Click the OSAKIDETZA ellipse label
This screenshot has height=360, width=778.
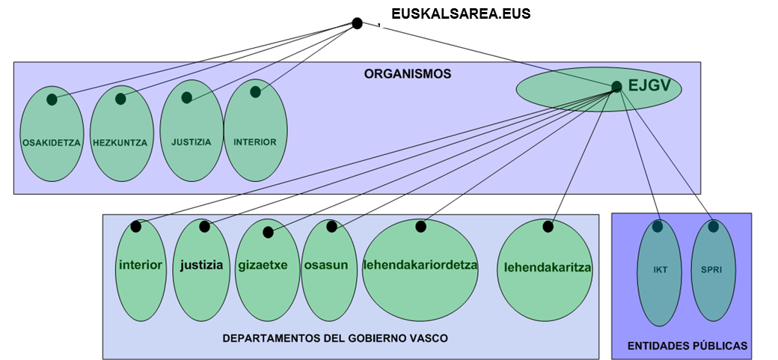(x=51, y=142)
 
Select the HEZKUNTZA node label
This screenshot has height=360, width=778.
(x=120, y=142)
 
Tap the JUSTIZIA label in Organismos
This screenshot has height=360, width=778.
(x=191, y=141)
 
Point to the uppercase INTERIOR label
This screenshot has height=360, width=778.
(x=255, y=141)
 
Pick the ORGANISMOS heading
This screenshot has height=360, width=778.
(x=408, y=74)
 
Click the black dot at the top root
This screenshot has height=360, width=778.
(x=358, y=23)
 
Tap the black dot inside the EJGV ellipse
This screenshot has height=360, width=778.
(x=616, y=87)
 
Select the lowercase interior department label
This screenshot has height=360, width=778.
(x=141, y=265)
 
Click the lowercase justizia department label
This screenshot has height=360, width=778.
(x=201, y=265)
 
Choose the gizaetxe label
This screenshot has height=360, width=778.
(x=267, y=265)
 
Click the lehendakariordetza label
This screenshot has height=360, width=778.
(x=420, y=265)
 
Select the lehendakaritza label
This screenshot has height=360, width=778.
(x=548, y=267)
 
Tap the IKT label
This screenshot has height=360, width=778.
(x=659, y=270)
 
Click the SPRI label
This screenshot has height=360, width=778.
(x=712, y=270)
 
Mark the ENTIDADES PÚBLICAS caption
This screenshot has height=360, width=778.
(x=687, y=346)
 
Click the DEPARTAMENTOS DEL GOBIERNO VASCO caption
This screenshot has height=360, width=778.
(x=335, y=338)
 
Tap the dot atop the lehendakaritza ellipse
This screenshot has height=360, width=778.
(x=548, y=225)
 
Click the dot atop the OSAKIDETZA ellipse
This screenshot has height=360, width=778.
(x=52, y=100)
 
